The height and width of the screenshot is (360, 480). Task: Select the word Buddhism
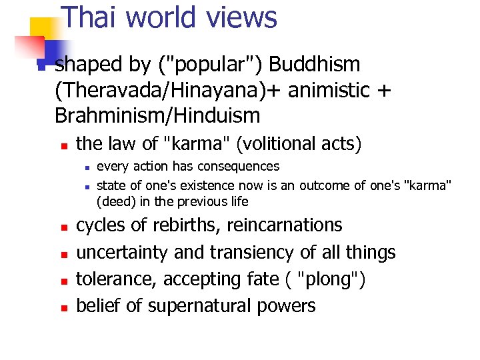(x=315, y=65)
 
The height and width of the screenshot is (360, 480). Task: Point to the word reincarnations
(x=285, y=225)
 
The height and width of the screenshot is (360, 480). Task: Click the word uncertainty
(x=123, y=253)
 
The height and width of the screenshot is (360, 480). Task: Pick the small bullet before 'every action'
(x=86, y=167)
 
